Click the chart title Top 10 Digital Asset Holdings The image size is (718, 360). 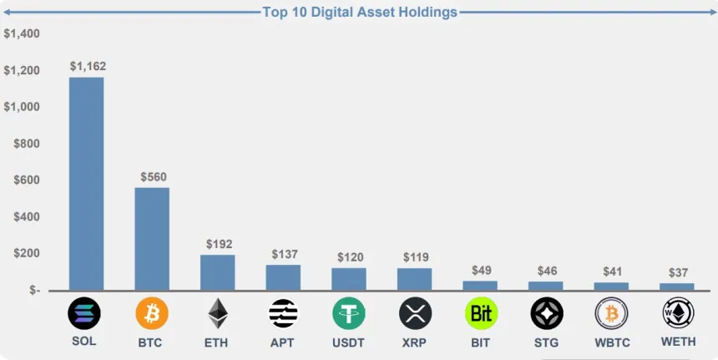(x=360, y=12)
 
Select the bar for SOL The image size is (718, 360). (x=86, y=184)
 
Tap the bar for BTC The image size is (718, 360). (x=152, y=239)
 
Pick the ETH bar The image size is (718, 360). (x=217, y=272)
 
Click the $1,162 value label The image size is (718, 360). (x=88, y=66)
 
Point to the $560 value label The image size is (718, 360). (x=153, y=176)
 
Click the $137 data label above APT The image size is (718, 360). (x=285, y=254)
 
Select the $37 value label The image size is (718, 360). (x=678, y=273)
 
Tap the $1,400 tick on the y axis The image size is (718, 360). (x=22, y=34)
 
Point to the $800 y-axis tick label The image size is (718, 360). (x=27, y=144)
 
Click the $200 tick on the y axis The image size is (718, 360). (x=27, y=253)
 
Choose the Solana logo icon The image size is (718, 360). (x=84, y=313)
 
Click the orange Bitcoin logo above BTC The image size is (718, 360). (x=151, y=313)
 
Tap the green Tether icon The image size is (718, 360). (x=349, y=313)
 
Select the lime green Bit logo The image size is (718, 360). (x=481, y=313)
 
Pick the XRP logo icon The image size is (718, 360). (x=415, y=313)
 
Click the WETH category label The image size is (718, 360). (x=678, y=342)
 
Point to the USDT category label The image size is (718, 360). (x=349, y=342)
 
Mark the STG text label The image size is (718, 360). (x=546, y=342)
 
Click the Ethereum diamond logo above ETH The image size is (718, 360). (x=218, y=313)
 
